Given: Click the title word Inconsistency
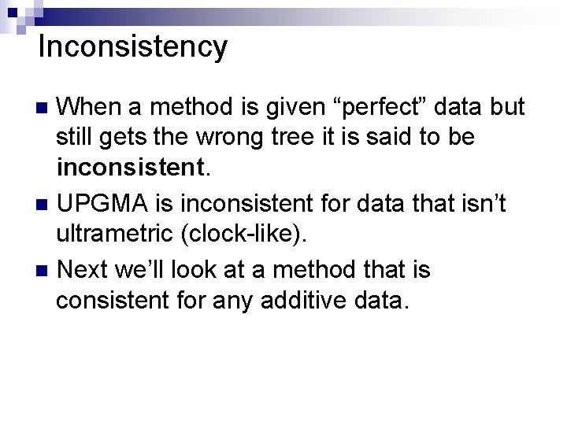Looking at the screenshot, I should tap(132, 48).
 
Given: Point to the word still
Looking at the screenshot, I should tap(74, 138).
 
